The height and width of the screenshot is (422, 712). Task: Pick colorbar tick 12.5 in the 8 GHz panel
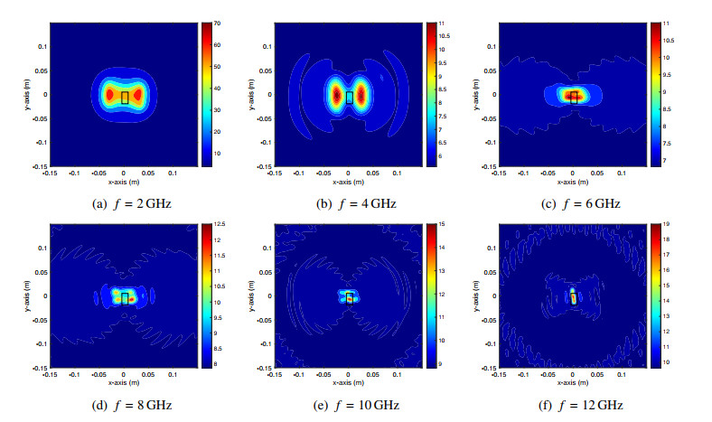[218, 222]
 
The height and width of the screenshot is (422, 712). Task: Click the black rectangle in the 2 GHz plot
[125, 98]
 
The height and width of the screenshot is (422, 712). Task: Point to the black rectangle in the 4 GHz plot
[349, 98]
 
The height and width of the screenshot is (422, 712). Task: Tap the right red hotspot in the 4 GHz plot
[361, 94]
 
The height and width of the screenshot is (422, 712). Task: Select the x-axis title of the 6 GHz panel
[573, 181]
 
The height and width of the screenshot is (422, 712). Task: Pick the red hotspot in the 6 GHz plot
[569, 94]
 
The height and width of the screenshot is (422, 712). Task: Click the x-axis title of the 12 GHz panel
[573, 382]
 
